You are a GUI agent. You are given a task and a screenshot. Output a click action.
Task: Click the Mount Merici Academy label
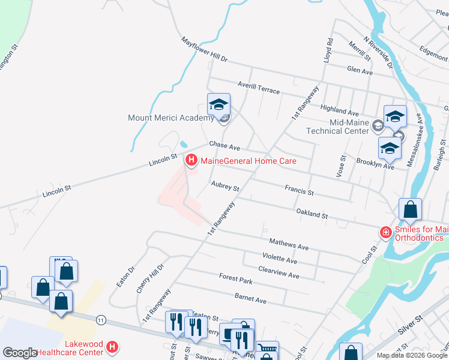(x=171, y=118)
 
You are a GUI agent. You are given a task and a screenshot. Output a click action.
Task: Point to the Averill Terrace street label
(x=258, y=88)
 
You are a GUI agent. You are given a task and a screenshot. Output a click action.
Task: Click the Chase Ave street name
(x=224, y=146)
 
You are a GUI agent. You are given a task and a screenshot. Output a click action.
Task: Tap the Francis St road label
(x=299, y=190)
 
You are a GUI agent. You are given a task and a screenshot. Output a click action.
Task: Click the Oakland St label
(x=312, y=213)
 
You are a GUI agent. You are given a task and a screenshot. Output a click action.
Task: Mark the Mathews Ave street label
(x=289, y=245)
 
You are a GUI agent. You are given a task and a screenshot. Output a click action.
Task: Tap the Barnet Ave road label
(x=251, y=298)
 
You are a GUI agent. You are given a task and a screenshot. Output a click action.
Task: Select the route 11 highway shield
(x=101, y=320)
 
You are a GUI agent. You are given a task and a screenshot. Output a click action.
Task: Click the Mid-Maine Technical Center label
(x=337, y=126)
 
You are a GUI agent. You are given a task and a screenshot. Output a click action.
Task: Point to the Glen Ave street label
(x=360, y=71)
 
